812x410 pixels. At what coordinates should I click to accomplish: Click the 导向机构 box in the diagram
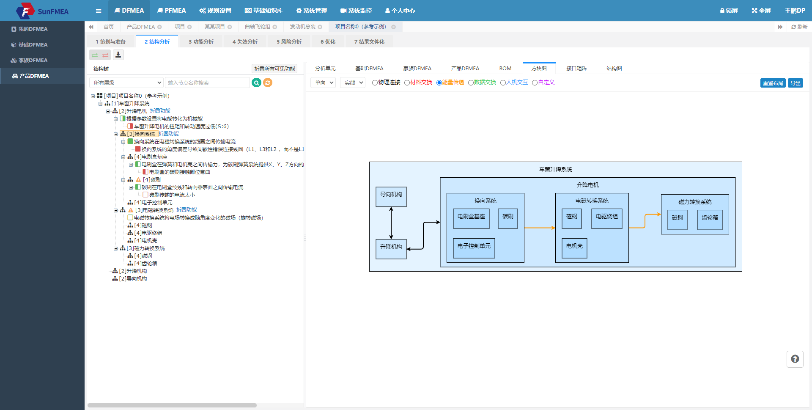(391, 197)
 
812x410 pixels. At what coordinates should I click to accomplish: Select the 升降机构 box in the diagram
(391, 249)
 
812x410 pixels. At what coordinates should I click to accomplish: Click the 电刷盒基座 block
(471, 219)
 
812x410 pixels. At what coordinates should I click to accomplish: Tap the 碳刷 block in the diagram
(508, 219)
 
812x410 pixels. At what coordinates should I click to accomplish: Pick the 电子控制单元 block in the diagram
(474, 248)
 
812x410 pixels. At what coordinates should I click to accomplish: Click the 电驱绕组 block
(607, 219)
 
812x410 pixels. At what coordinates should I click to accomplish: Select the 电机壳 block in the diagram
(574, 248)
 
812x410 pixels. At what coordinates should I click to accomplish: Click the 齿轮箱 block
(710, 220)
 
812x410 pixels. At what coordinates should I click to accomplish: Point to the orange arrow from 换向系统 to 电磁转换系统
(540, 228)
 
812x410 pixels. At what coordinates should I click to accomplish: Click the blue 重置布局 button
(773, 83)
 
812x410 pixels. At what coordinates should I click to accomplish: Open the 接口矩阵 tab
(576, 69)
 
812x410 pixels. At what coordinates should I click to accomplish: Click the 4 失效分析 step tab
(245, 42)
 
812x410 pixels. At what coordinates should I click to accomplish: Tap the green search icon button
(256, 83)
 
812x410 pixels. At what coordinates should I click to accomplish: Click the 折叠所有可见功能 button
(274, 69)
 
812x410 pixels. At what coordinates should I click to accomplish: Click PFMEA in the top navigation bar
(172, 11)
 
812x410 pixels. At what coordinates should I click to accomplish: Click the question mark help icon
(795, 359)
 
